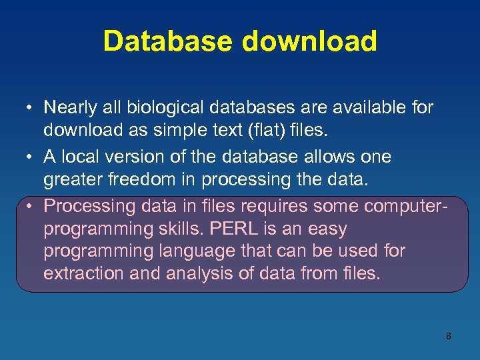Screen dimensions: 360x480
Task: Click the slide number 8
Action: [448, 336]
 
